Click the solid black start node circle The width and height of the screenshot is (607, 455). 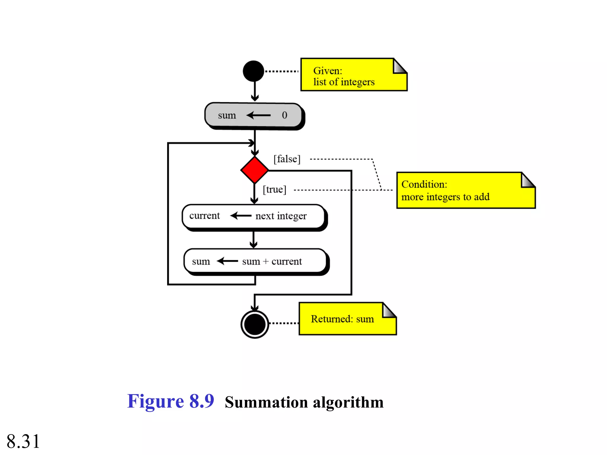tap(253, 71)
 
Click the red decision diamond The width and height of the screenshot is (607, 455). tap(255, 170)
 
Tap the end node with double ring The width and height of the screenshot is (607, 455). tap(255, 324)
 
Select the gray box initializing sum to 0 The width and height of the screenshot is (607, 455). tap(253, 115)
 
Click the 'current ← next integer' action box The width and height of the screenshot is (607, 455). tap(254, 216)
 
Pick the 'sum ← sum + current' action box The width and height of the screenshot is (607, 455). tap(255, 261)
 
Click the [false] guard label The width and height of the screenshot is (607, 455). tap(287, 159)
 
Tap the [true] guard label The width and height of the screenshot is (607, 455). tap(274, 190)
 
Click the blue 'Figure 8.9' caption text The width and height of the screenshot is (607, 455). tap(170, 401)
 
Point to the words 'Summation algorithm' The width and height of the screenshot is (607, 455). tap(304, 403)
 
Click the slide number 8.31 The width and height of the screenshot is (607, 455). tap(23, 441)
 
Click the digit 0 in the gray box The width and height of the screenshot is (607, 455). tap(285, 115)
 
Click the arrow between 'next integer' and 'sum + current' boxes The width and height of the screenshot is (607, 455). tap(253, 240)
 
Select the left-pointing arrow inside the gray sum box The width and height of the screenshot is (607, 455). tap(258, 115)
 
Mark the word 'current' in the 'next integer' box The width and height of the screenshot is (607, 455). tap(205, 216)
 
